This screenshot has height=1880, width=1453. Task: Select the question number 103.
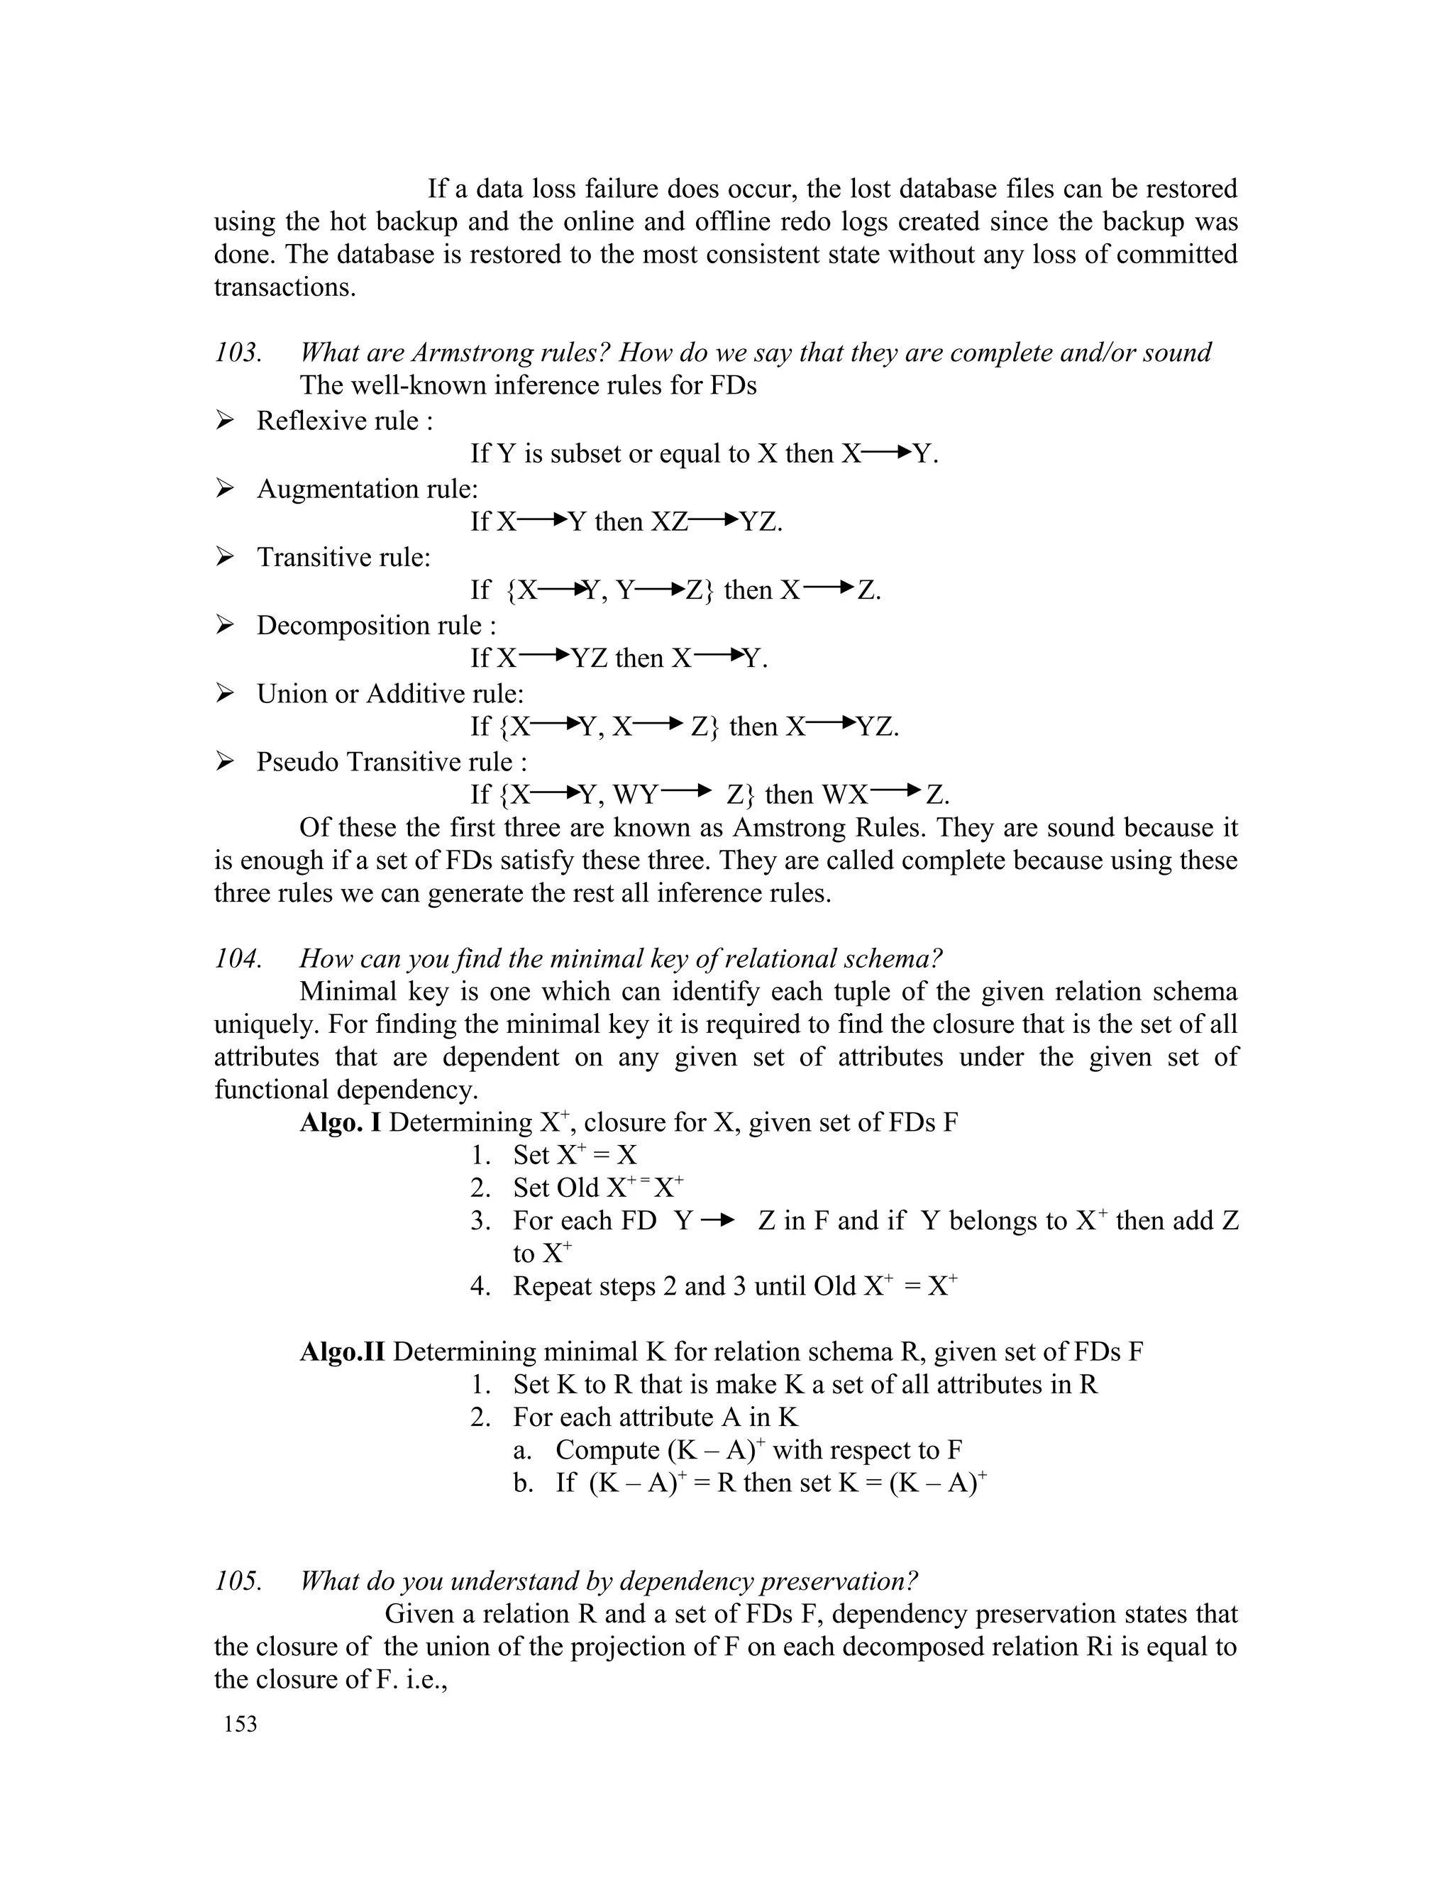[x=238, y=353]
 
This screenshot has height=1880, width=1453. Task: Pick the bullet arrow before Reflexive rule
[x=225, y=421]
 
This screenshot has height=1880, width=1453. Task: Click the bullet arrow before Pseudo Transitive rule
[x=225, y=762]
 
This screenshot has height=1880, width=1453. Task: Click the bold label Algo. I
[x=340, y=1122]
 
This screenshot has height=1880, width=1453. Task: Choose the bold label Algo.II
[x=343, y=1351]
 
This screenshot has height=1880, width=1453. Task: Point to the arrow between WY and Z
[x=687, y=791]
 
